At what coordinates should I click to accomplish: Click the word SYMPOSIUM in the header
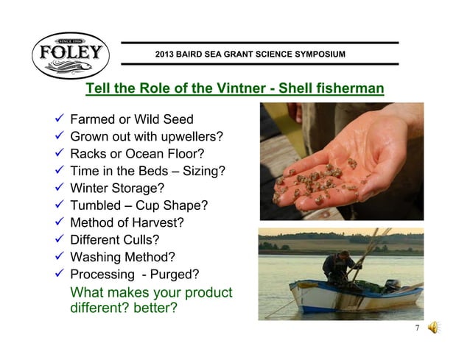pos(316,54)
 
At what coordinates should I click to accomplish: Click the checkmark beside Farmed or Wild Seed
pos(60,119)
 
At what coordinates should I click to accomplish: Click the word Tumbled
pos(96,205)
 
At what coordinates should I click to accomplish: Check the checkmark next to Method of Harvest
pos(60,222)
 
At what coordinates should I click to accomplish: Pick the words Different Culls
pos(114,239)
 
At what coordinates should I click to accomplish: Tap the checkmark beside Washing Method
pos(60,256)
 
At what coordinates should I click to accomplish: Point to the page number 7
pos(417,328)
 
